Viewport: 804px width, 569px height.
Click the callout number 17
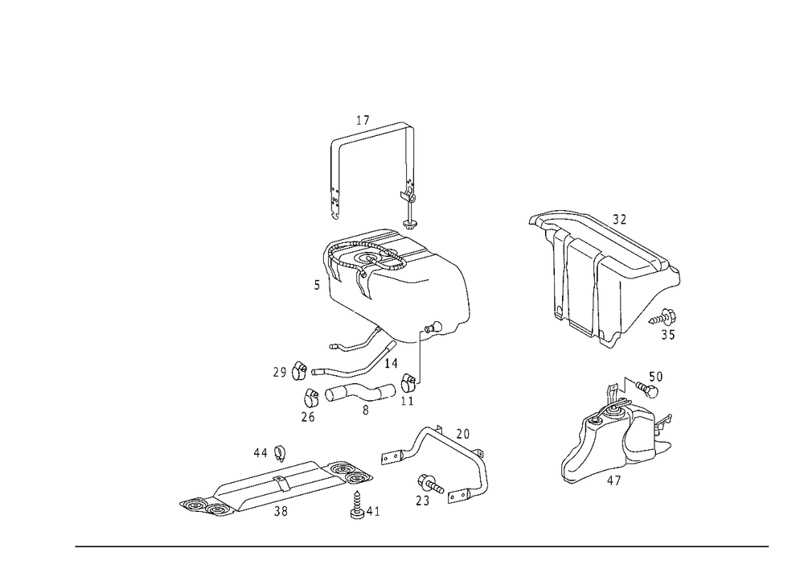363,121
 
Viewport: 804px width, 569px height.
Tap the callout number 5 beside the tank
317,285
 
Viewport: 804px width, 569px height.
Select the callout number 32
619,220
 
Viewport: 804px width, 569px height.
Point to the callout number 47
613,480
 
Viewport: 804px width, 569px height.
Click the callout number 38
281,512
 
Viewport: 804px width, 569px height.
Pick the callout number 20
462,434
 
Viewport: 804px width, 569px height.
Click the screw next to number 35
662,317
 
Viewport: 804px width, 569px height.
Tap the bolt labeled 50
647,390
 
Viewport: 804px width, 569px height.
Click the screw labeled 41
357,505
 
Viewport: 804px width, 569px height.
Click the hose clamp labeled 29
299,371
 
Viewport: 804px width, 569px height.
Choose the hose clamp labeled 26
311,397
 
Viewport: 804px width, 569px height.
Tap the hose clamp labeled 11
408,381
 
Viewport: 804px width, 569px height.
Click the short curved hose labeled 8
360,393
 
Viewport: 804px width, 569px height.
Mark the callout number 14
391,364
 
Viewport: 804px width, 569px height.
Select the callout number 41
373,512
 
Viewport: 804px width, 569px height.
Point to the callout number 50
656,377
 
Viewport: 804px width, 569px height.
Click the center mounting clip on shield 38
280,482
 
